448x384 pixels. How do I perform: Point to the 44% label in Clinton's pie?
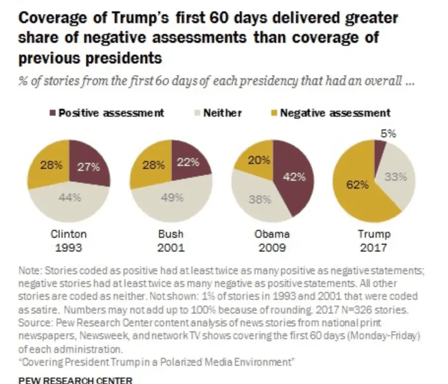coord(69,197)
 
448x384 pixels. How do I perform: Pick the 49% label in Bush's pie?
coord(173,197)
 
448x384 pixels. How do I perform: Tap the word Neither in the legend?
coord(223,113)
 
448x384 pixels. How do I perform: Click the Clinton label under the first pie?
coord(69,234)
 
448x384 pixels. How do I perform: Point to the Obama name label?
coord(272,234)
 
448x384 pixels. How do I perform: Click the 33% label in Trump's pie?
coord(395,177)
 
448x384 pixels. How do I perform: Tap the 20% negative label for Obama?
coord(259,160)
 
